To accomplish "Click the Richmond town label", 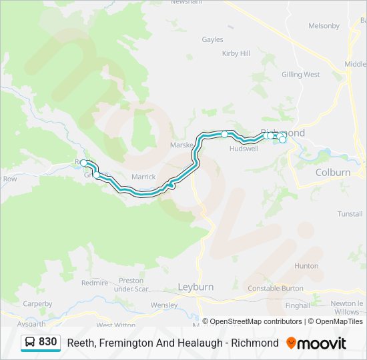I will (x=283, y=133).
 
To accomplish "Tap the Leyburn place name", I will (x=196, y=287).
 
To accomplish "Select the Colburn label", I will (x=332, y=172).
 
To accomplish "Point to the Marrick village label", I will (x=143, y=177).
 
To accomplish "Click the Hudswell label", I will (x=243, y=149).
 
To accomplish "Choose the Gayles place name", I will (x=212, y=39).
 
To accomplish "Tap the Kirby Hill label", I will (x=236, y=53).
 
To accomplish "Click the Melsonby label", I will (x=324, y=26).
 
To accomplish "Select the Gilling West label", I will (x=300, y=75).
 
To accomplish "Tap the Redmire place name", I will (x=94, y=283).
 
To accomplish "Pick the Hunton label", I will (x=306, y=265).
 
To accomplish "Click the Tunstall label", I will (x=350, y=214).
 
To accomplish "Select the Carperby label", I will (x=37, y=304).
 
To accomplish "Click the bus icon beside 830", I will (x=30, y=342).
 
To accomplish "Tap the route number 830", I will (x=47, y=342).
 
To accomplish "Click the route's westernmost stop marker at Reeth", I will (x=83, y=163).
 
